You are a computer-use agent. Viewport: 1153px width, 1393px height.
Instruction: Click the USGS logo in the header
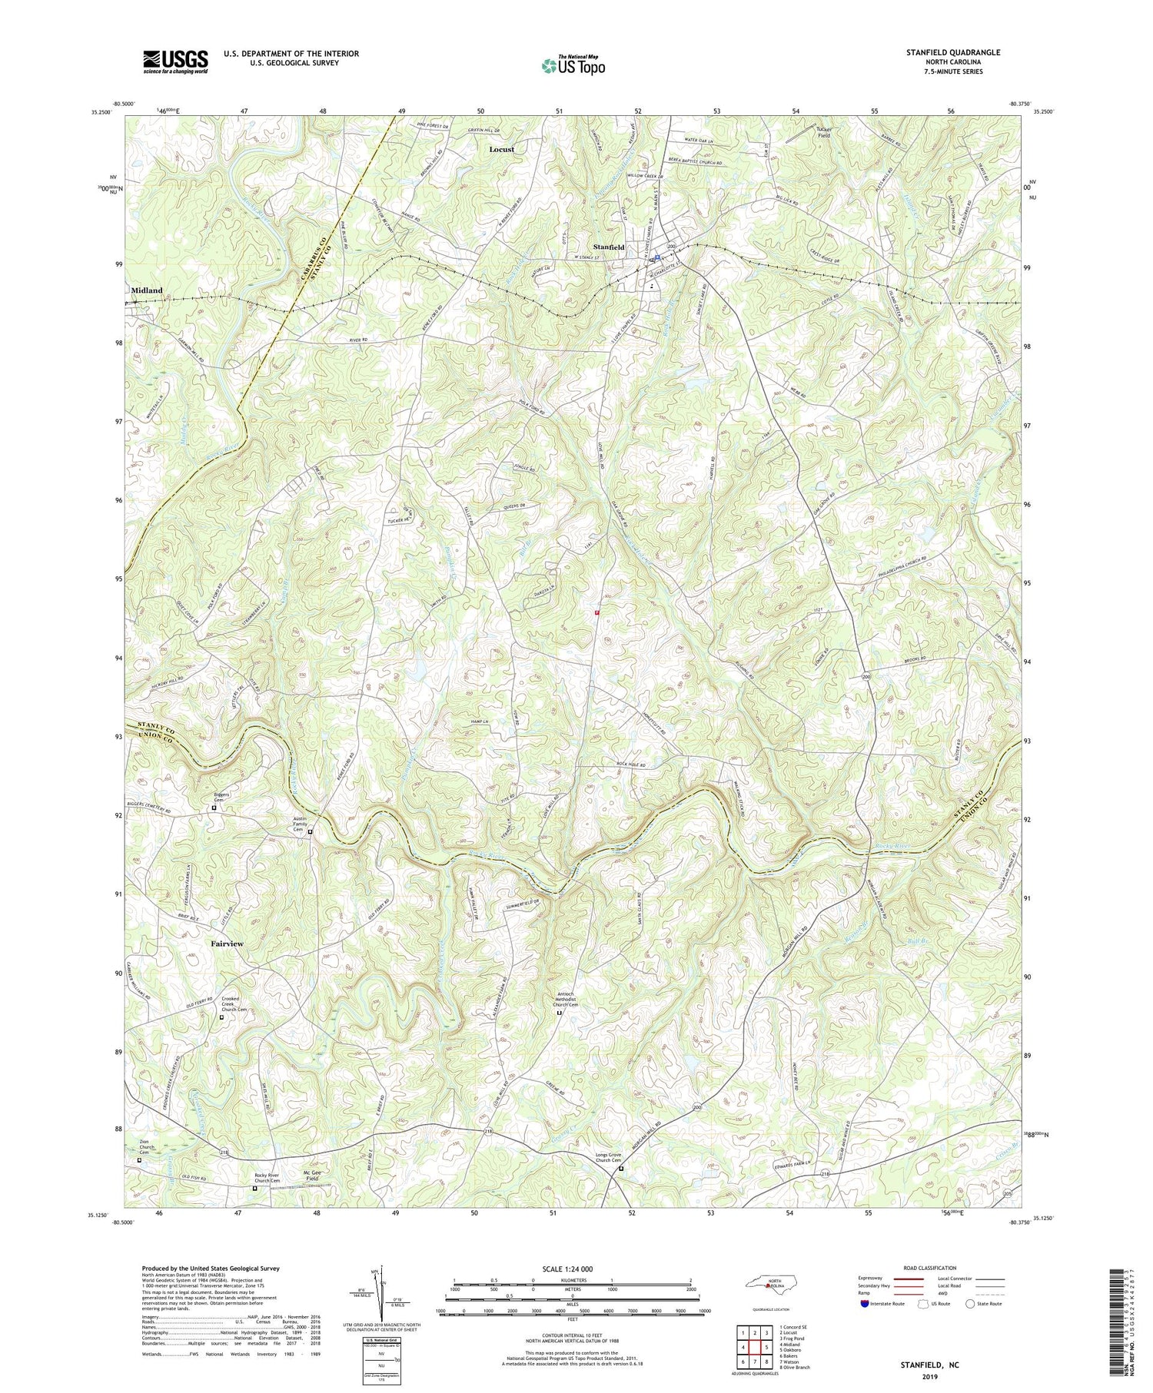[x=175, y=61]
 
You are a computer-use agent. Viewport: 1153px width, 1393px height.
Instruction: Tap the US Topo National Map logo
[x=573, y=66]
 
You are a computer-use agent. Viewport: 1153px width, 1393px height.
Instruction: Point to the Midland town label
[x=147, y=290]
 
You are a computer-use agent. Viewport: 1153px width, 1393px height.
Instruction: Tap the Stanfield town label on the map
[x=607, y=247]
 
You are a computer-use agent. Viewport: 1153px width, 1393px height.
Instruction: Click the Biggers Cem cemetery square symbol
[x=214, y=808]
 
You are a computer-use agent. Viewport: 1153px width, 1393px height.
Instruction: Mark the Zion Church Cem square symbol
[x=140, y=1161]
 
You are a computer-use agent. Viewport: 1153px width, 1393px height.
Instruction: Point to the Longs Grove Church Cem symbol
[x=621, y=1169]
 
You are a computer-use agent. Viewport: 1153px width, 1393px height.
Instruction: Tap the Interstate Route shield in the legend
[x=865, y=1304]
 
